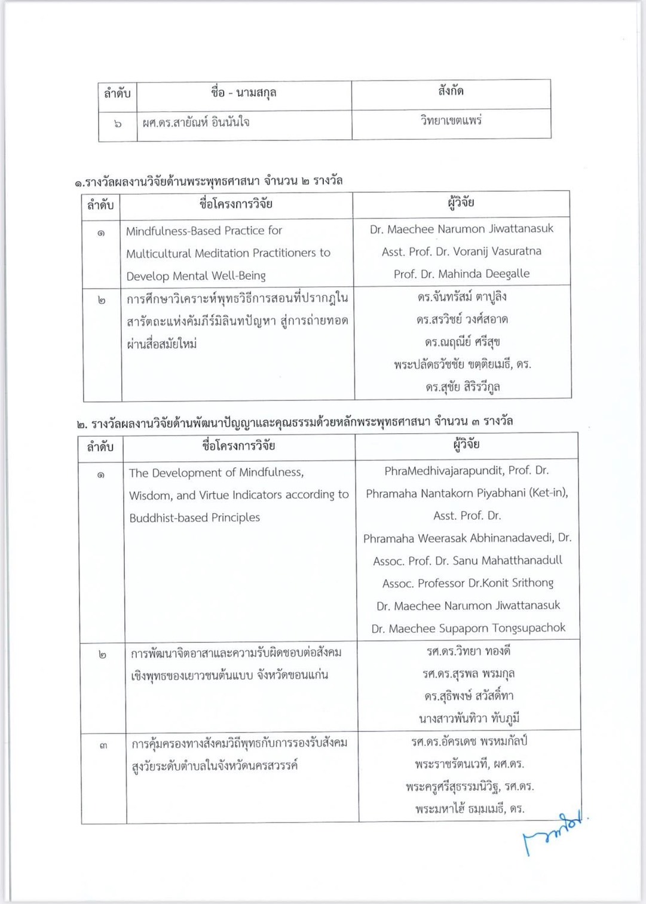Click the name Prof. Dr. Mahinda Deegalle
click(461, 274)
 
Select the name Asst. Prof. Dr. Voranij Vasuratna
click(461, 252)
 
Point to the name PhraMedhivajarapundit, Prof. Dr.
click(466, 471)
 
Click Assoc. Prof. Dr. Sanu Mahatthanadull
click(467, 560)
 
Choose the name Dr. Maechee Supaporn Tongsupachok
click(468, 629)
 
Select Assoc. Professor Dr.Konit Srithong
click(468, 583)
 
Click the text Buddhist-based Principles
click(194, 518)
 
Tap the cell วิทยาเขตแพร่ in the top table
click(451, 121)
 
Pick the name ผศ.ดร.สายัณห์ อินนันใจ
click(196, 122)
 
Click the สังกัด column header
click(451, 91)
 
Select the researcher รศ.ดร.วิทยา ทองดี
click(468, 651)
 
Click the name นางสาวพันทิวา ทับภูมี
click(469, 719)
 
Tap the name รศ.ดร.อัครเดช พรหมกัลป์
click(469, 742)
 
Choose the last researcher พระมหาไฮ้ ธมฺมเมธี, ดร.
click(470, 809)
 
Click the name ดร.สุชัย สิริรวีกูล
click(463, 387)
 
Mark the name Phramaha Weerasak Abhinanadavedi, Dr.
click(467, 538)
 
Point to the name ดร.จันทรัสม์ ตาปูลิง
click(462, 297)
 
